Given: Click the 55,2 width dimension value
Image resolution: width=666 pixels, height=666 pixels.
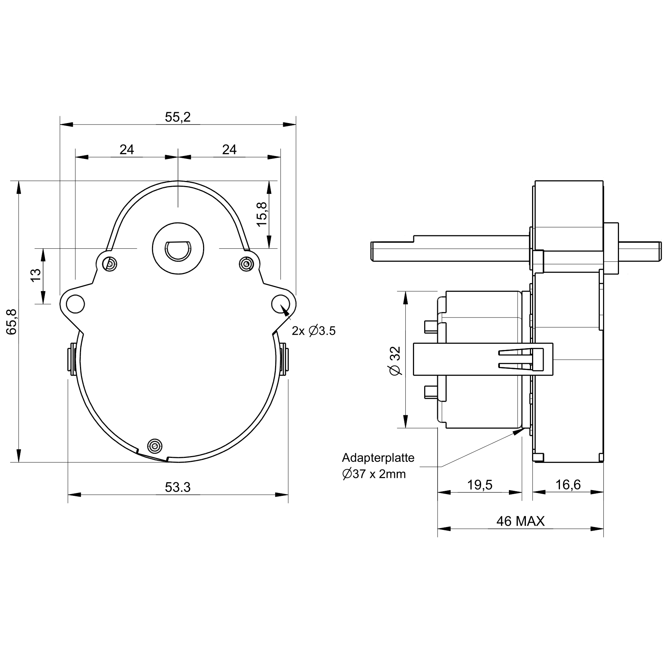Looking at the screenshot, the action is [x=178, y=117].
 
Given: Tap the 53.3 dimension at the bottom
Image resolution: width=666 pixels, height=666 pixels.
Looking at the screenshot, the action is [x=178, y=488].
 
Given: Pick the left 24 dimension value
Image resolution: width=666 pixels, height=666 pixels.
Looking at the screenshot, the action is [x=127, y=149].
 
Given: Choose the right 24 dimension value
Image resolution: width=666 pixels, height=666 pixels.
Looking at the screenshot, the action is [x=229, y=149].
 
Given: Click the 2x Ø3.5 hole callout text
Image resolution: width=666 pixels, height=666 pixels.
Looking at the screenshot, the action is [x=314, y=331].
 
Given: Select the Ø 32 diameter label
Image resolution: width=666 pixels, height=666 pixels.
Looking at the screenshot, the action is [x=396, y=361].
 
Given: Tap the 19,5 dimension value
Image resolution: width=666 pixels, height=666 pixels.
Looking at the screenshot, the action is [x=480, y=485].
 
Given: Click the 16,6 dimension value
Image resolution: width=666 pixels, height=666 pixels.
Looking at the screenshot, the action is [x=568, y=485].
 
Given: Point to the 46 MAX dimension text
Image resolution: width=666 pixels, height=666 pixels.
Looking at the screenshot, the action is [x=520, y=521].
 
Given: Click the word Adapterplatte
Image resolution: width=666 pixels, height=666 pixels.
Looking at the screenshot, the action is [x=378, y=458].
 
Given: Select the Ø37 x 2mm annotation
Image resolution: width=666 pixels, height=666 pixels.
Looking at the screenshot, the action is [x=374, y=474].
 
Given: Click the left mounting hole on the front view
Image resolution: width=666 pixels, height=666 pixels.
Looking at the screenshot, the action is [x=75, y=303].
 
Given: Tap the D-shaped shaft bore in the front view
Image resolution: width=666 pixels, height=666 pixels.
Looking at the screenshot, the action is [x=178, y=250].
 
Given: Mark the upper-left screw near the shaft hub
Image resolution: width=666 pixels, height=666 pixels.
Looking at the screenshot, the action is [x=109, y=264].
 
